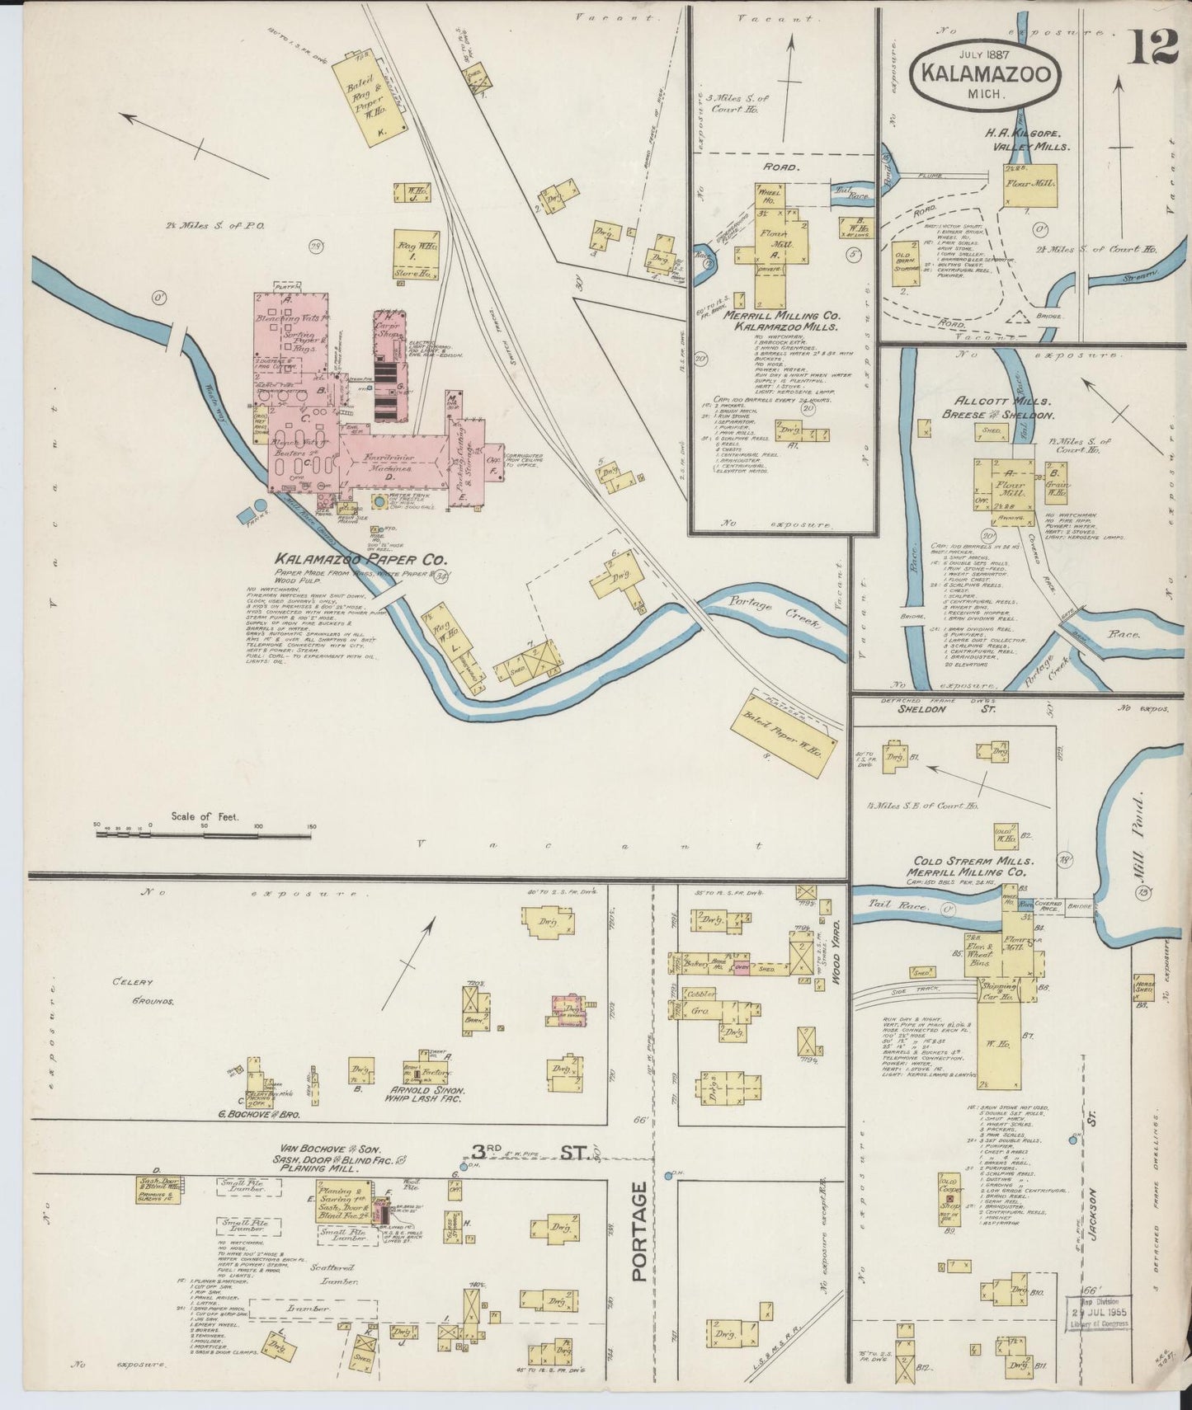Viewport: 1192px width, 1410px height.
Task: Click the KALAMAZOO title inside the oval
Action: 986,74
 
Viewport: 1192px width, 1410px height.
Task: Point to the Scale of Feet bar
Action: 205,834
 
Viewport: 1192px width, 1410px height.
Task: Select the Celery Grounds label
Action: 144,990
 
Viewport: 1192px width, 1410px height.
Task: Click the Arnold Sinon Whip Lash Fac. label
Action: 424,1093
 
